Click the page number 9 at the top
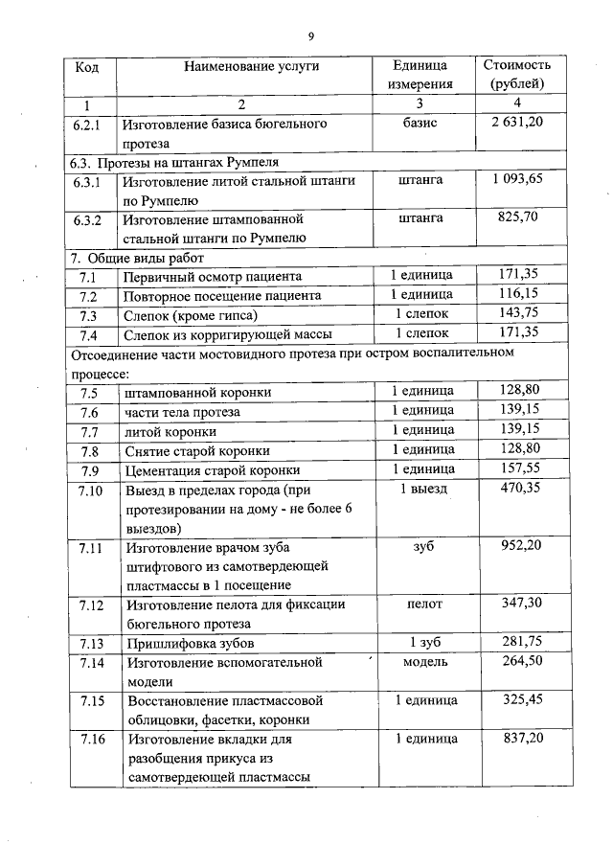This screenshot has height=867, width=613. tap(310, 36)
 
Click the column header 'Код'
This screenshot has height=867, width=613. tap(86, 67)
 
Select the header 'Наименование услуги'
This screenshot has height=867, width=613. tap(252, 66)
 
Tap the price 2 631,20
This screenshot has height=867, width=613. tap(517, 124)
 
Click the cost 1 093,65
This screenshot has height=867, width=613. tap(517, 179)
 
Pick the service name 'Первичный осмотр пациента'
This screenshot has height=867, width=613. tap(213, 277)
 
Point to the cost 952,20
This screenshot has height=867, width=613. tap(518, 547)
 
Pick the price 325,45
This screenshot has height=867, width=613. tap(518, 700)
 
